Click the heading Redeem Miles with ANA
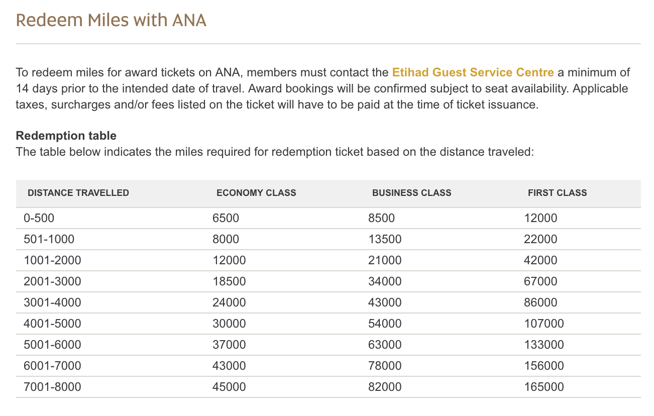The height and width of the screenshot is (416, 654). tap(111, 21)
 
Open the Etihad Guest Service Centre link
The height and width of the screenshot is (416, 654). tap(473, 72)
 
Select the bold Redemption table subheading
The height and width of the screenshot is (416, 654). tap(66, 136)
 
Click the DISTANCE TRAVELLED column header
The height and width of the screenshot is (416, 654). tap(78, 193)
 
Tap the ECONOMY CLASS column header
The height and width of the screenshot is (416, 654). tap(256, 193)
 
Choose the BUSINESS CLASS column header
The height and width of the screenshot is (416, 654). tap(411, 193)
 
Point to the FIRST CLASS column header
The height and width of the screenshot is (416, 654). tap(557, 193)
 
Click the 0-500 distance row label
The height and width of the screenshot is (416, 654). tap(39, 219)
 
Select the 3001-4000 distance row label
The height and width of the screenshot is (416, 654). tap(52, 303)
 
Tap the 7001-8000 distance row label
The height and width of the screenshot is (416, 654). tap(52, 387)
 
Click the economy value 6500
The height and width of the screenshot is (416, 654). tap(226, 219)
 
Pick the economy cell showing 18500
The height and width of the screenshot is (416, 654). tap(229, 282)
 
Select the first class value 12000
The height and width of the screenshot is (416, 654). tap(540, 219)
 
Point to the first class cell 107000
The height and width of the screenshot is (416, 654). tap(544, 324)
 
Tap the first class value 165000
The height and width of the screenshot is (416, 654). tap(544, 387)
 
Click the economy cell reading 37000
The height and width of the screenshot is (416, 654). tap(229, 345)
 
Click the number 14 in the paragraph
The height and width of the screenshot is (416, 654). tap(22, 89)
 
